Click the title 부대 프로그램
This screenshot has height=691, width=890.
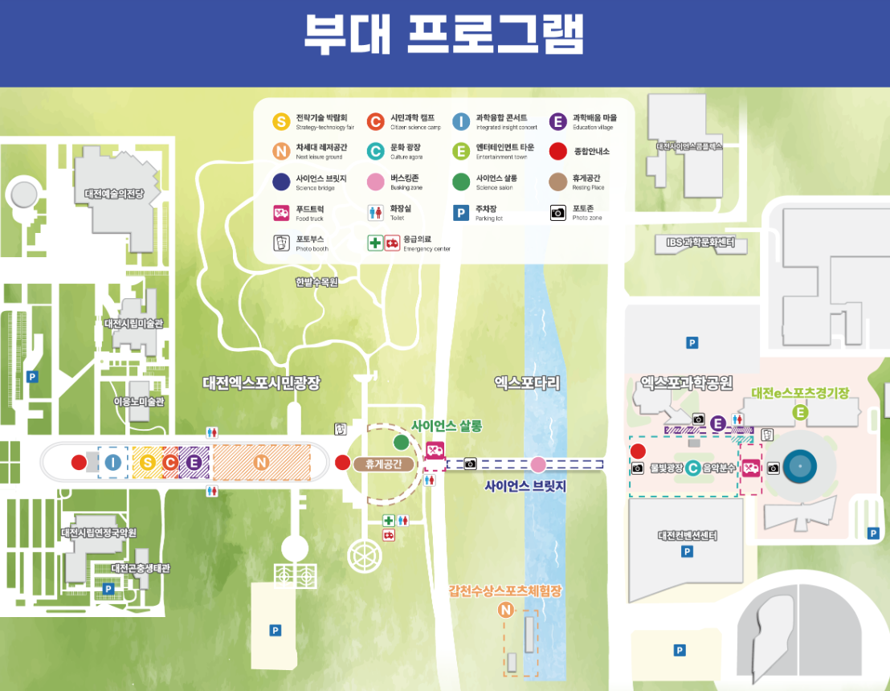point(444,35)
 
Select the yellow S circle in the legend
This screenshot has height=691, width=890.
point(280,122)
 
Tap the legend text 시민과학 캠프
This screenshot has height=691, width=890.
point(412,117)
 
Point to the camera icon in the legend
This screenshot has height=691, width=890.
point(558,213)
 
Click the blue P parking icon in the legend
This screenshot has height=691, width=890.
point(461,213)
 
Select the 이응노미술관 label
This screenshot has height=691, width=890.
point(138,402)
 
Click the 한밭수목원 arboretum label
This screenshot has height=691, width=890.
point(316,282)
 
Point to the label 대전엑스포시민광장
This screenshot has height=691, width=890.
point(261,383)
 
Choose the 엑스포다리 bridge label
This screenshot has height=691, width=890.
point(527,383)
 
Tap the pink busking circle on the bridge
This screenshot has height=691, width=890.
point(537,464)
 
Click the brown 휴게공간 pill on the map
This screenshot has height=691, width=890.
point(383,464)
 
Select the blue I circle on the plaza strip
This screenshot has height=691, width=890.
point(113,462)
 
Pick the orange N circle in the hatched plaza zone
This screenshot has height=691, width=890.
point(260,462)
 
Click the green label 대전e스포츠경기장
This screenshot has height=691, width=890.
point(800,394)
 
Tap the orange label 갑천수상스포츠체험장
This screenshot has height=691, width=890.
point(505,591)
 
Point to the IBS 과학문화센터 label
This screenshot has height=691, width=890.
point(700,242)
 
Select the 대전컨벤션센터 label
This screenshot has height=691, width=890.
point(687,536)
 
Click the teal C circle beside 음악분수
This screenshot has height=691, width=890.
point(692,467)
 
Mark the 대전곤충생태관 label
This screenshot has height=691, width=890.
point(141,568)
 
